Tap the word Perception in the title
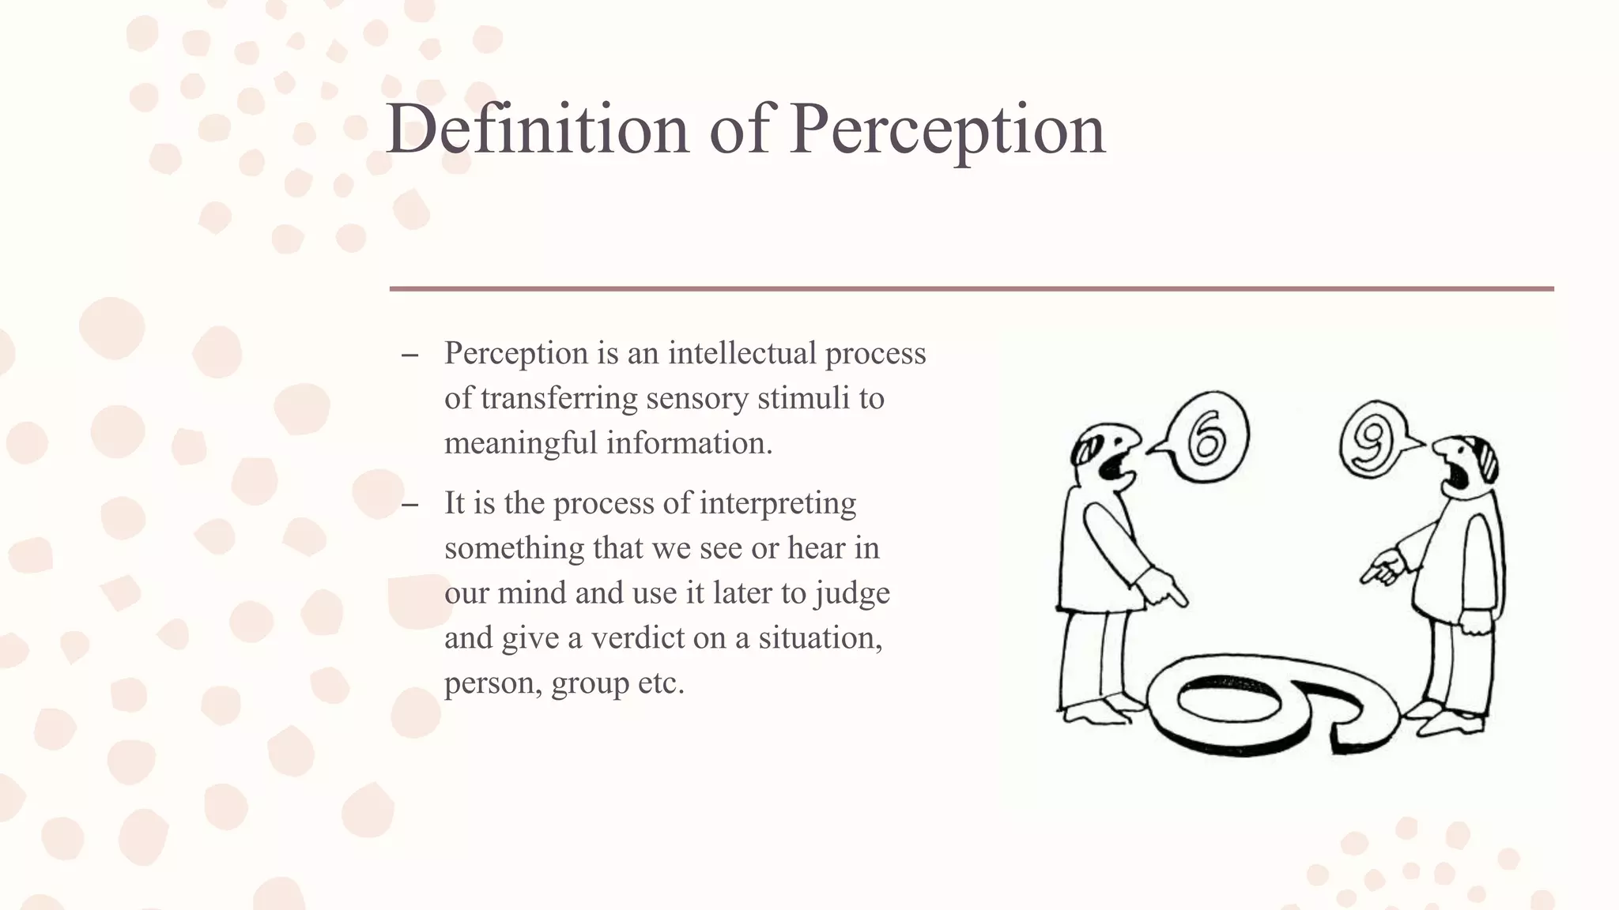point(947,130)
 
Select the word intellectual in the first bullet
point(742,353)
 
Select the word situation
point(820,638)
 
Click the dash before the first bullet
point(409,355)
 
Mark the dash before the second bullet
point(409,505)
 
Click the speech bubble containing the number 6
point(1206,437)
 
